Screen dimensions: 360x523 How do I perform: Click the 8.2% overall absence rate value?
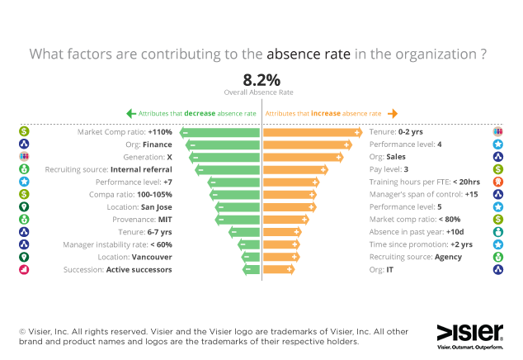pos(261,80)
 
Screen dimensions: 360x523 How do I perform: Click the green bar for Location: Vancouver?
pos(252,257)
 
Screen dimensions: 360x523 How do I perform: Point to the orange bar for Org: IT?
pos(278,269)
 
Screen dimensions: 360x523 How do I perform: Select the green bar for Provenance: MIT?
pos(239,220)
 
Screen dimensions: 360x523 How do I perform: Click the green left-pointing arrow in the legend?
pos(130,113)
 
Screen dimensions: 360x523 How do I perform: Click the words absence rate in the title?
pos(309,54)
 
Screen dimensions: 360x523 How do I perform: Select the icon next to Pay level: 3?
pos(498,169)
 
